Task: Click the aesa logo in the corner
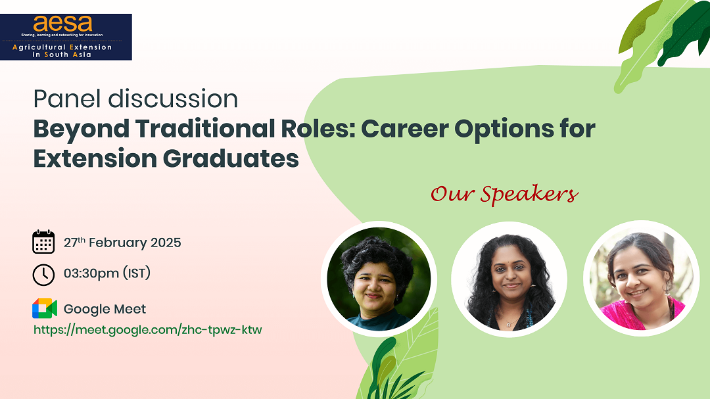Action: point(66,37)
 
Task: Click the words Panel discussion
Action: point(135,99)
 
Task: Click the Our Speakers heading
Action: point(504,194)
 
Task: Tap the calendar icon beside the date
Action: point(43,242)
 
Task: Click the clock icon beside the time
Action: point(43,274)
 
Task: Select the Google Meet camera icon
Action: point(44,308)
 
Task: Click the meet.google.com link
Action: point(147,329)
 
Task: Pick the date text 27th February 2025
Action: point(122,243)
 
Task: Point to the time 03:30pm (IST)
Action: point(107,273)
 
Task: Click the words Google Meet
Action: point(105,309)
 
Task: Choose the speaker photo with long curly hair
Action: point(509,279)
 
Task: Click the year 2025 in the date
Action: point(166,243)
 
